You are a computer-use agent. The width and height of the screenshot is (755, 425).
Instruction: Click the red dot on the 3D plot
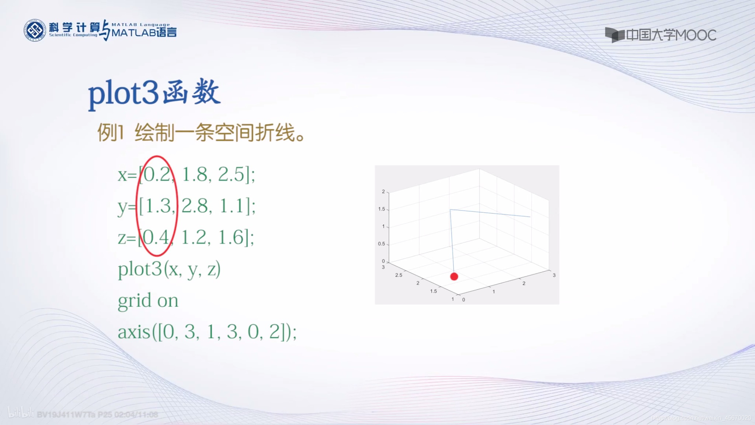click(x=454, y=276)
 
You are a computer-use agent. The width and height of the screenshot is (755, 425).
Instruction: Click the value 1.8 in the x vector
click(x=195, y=175)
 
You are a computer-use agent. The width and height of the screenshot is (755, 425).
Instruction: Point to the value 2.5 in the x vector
click(x=231, y=175)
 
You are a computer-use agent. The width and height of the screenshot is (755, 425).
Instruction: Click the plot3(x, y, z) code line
click(x=169, y=269)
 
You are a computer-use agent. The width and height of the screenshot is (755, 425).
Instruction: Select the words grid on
click(x=148, y=301)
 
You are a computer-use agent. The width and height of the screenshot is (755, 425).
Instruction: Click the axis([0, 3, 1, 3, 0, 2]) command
click(x=207, y=332)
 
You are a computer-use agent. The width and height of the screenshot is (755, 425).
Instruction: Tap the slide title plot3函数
click(x=154, y=93)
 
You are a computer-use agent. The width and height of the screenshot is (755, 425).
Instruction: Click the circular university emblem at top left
click(x=35, y=30)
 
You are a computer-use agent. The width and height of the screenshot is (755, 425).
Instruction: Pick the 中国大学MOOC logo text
click(x=671, y=35)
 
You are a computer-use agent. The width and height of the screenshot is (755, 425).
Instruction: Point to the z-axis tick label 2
click(x=383, y=191)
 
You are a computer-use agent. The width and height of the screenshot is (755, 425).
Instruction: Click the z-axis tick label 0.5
click(x=381, y=244)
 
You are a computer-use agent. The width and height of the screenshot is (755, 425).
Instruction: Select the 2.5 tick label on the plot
click(x=399, y=275)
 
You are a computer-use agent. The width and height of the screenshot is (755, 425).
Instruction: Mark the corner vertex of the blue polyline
click(x=450, y=210)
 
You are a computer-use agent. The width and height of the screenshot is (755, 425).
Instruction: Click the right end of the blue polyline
click(x=530, y=217)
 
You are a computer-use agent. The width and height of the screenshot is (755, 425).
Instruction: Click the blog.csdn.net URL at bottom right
click(x=701, y=418)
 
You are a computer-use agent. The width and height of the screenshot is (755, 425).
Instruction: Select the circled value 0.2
click(x=157, y=175)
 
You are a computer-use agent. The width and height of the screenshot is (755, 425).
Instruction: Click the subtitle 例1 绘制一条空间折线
click(x=201, y=132)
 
